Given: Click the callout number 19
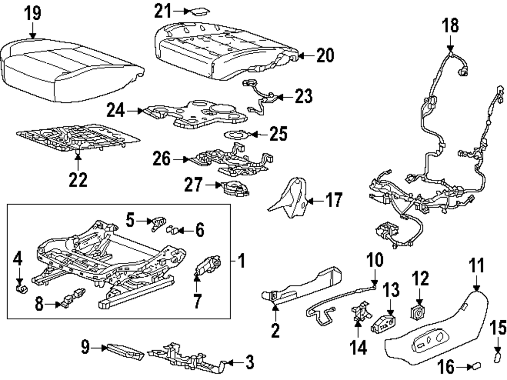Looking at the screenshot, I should pos(33,14).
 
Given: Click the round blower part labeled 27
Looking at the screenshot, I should pos(234,188).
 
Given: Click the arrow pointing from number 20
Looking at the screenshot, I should pos(301,57).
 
